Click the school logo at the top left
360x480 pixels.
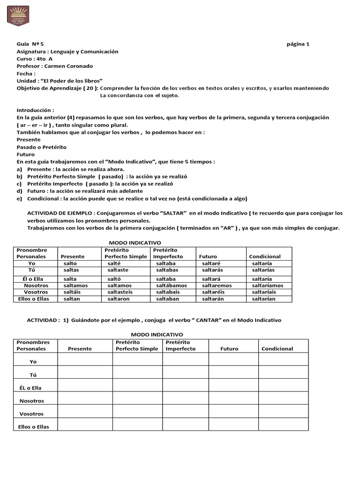click(x=18, y=16)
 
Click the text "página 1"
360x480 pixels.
click(x=298, y=44)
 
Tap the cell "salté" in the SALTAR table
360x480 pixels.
click(x=114, y=264)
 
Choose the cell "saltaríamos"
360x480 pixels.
click(x=267, y=285)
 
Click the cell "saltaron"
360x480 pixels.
click(x=120, y=299)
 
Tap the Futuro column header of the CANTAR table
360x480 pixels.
click(x=230, y=349)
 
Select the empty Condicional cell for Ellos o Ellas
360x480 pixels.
click(x=283, y=425)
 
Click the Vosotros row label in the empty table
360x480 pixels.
click(x=31, y=414)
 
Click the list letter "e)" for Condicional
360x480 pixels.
click(x=19, y=198)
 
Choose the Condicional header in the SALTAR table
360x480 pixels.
click(x=265, y=256)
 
